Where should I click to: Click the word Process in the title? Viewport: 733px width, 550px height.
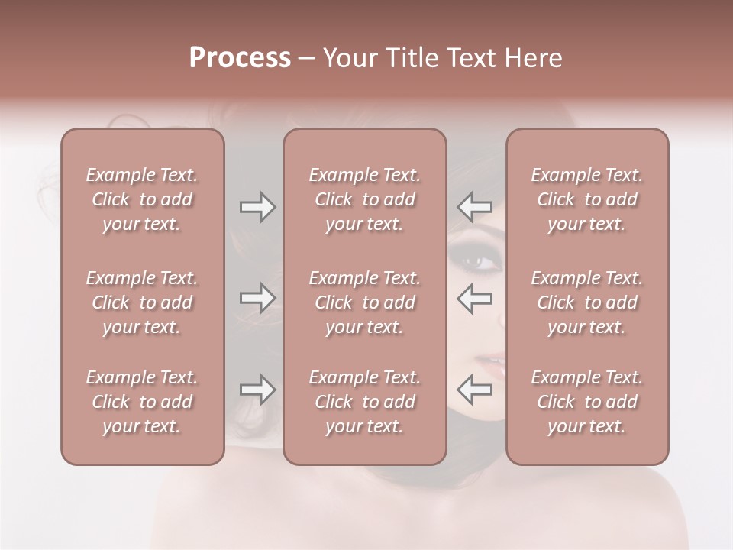coord(240,58)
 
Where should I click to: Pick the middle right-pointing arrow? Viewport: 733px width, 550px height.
coord(257,298)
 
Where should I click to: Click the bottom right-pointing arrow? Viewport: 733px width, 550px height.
coord(257,390)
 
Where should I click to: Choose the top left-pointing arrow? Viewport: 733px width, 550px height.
coord(474,206)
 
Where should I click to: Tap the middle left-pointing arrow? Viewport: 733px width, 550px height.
coord(474,298)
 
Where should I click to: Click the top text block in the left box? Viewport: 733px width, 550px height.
coord(142,199)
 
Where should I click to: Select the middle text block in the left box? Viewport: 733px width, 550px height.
coord(142,302)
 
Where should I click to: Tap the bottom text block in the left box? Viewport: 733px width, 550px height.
coord(142,402)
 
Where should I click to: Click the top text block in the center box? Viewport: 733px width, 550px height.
coord(365,199)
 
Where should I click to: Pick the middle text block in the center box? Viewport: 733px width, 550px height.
coord(365,302)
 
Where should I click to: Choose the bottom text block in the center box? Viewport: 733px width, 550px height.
coord(365,402)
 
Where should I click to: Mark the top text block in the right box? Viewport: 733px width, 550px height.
coord(587,199)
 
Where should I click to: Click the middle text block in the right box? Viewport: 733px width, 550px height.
coord(587,302)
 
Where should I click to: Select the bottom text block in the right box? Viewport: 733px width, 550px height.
coord(587,402)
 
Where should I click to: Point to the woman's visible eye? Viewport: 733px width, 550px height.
coord(478,262)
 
